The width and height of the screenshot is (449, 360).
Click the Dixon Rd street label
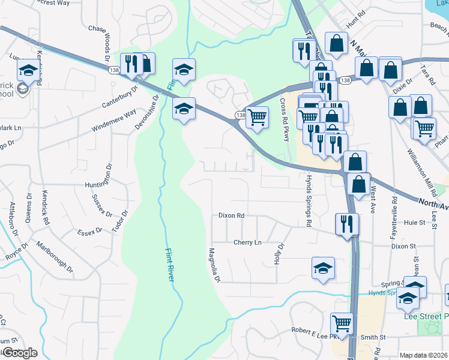(x=231, y=215)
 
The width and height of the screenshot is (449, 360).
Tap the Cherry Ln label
(x=247, y=242)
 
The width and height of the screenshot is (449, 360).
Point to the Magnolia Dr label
(x=214, y=265)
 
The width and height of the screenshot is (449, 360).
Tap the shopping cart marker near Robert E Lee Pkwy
(x=342, y=322)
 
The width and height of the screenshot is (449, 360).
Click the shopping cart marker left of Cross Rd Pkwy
(x=258, y=116)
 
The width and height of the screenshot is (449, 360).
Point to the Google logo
(x=19, y=353)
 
